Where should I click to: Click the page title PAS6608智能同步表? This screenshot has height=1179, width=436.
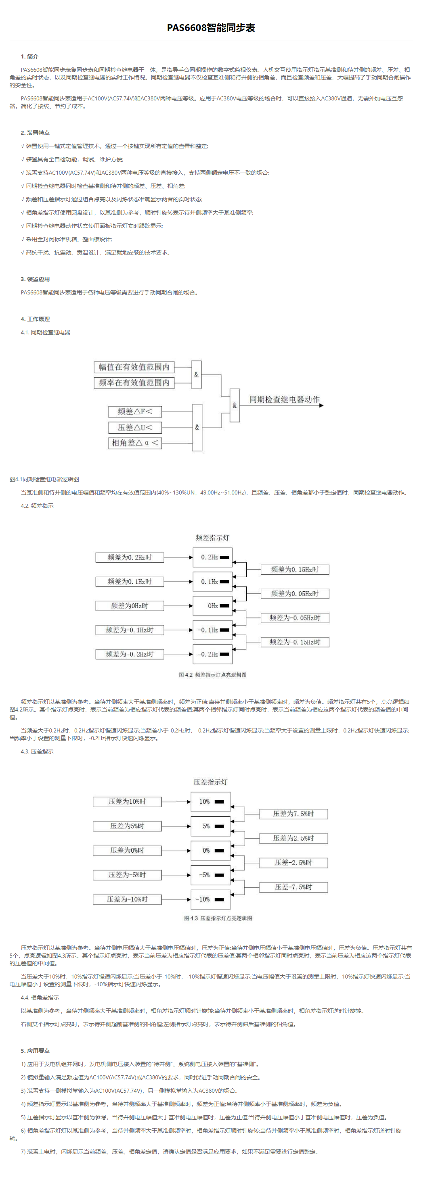click(211, 28)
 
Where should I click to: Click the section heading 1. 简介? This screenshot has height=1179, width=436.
click(29, 57)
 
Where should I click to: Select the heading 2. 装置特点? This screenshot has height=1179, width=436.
click(35, 133)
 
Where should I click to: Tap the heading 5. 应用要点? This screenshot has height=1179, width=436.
click(35, 1050)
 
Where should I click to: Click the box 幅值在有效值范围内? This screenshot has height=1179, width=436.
click(134, 367)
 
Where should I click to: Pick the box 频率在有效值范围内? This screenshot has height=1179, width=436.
click(134, 383)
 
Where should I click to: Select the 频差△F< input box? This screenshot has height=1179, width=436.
click(135, 411)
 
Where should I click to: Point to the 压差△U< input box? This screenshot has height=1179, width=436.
click(135, 428)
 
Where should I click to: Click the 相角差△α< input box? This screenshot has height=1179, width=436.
click(135, 442)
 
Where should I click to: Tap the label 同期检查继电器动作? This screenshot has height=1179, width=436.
click(284, 400)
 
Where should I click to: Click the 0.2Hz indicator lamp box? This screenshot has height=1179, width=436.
click(212, 557)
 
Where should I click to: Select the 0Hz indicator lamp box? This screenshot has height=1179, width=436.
click(212, 606)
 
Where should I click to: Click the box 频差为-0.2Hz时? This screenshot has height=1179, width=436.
click(130, 654)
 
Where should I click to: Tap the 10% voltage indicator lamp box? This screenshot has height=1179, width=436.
click(211, 802)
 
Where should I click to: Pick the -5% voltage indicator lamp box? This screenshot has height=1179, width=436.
click(211, 874)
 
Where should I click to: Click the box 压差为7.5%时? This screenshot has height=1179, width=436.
click(293, 814)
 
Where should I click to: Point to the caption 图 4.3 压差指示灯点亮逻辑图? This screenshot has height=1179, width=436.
click(218, 918)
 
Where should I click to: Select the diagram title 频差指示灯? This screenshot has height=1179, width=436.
click(212, 538)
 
